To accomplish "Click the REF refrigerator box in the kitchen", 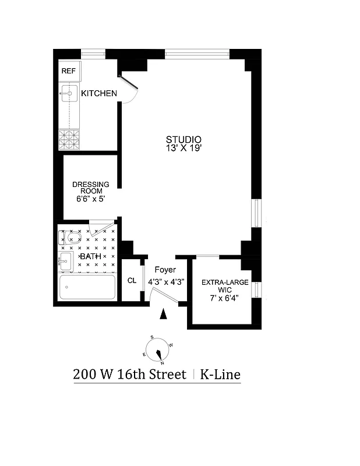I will tap(69, 72).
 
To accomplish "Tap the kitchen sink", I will tap(69, 93).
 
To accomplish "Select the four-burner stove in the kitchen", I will tap(69, 140).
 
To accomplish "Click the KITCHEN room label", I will tap(99, 94).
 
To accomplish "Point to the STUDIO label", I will tap(183, 140).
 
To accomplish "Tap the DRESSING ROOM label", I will tap(90, 188).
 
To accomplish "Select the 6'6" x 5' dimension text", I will tap(90, 199).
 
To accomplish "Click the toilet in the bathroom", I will tap(71, 237).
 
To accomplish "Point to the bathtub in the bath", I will tap(87, 287).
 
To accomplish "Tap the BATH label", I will tap(90, 257).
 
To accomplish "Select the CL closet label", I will tap(132, 281).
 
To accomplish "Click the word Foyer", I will tap(165, 270).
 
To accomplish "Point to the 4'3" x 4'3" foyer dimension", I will tap(165, 281).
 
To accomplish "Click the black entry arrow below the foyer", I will tap(164, 315).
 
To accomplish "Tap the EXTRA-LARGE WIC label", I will tap(224, 286).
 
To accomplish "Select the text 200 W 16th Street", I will tap(129, 374).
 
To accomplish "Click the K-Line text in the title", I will tap(220, 374).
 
